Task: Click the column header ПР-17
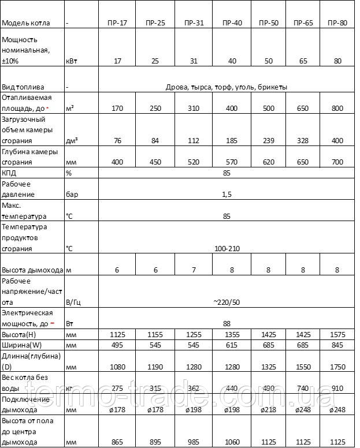pos(117,24)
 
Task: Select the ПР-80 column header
pos(337,24)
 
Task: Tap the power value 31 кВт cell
pos(194,61)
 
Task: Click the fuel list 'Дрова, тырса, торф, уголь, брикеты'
pos(227,87)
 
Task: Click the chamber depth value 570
pos(232,163)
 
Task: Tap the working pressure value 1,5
pos(227,195)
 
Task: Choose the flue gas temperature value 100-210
pos(227,249)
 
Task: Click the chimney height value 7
pos(194,270)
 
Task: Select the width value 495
pos(117,346)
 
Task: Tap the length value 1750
pos(337,367)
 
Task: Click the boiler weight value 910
pos(337,389)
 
